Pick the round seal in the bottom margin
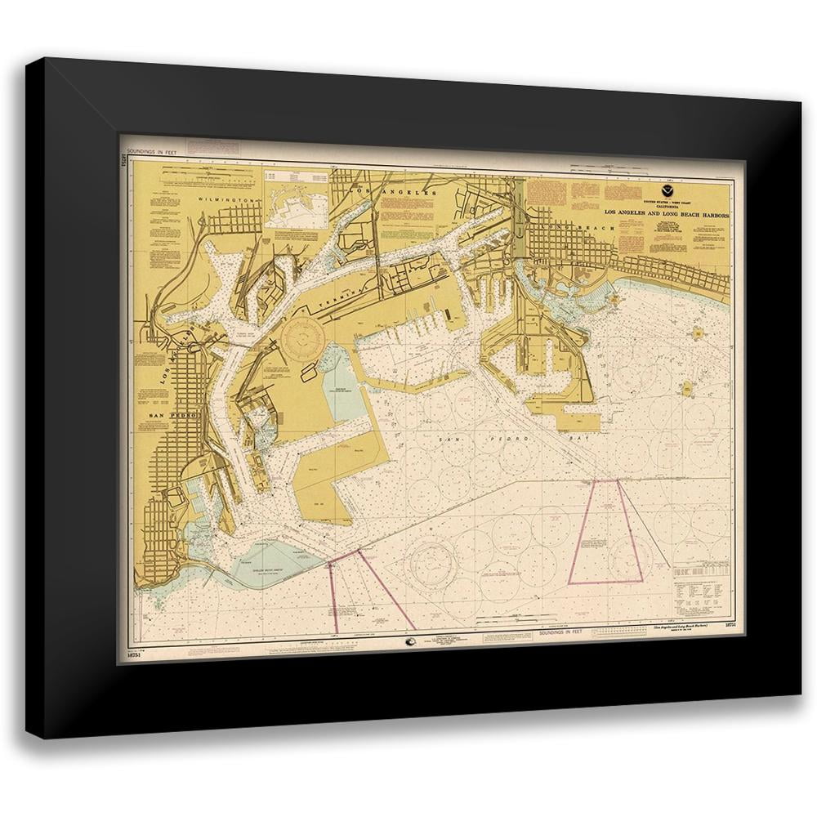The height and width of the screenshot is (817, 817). coord(411,642)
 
